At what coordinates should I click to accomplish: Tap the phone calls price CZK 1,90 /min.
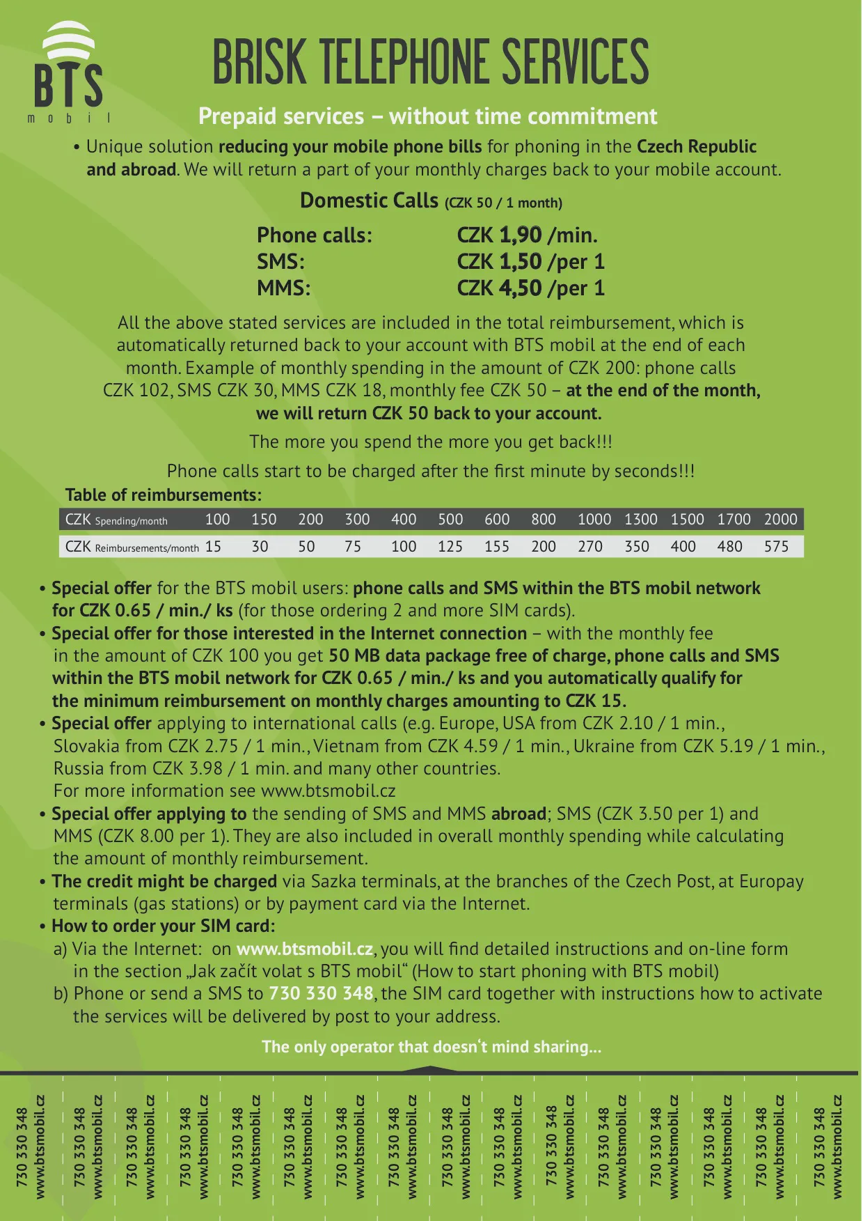(x=527, y=235)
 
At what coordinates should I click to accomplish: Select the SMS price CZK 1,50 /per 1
(x=530, y=262)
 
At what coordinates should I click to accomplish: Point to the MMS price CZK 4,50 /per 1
(x=530, y=288)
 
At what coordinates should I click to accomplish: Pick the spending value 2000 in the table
(x=780, y=520)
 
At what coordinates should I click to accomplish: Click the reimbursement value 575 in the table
(x=776, y=547)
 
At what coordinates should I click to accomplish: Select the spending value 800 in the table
(x=543, y=520)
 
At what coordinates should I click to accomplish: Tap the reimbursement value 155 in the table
(x=497, y=547)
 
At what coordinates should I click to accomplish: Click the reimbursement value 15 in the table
(x=213, y=547)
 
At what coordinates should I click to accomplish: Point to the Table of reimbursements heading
(x=163, y=495)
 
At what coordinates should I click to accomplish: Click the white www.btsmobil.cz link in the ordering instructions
(x=305, y=949)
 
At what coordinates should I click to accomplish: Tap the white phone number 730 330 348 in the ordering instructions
(x=321, y=994)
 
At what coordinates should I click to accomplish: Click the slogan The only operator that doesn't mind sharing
(x=431, y=1047)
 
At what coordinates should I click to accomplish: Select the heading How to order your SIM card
(x=164, y=926)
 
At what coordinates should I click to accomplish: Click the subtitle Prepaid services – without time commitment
(x=427, y=116)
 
